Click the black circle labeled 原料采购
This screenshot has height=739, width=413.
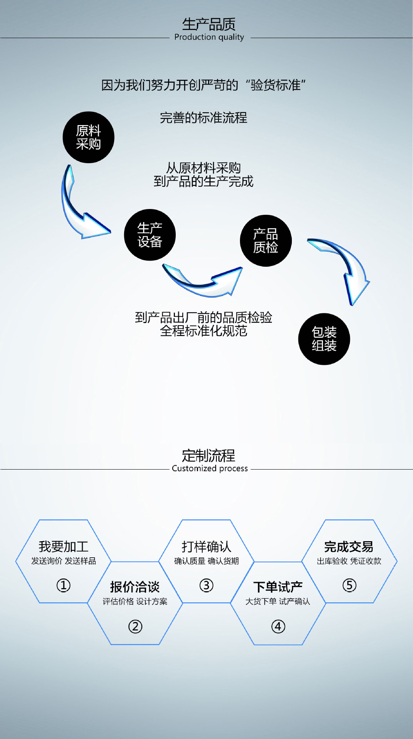point(88,137)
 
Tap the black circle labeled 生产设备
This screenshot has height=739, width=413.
point(150,235)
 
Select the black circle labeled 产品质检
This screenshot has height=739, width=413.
point(266,241)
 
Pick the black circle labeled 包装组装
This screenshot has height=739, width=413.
point(324,339)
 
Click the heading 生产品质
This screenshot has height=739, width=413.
point(208,24)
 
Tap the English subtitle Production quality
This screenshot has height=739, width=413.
point(209,37)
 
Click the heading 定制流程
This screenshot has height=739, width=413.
point(208,456)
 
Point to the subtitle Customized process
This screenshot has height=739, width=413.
point(210,468)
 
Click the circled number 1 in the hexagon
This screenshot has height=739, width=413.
point(63,585)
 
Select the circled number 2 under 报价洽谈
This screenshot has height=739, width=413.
point(135,627)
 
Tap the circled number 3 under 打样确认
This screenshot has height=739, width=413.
point(206,585)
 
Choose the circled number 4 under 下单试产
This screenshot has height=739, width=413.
point(278,627)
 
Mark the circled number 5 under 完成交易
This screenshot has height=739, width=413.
point(349,585)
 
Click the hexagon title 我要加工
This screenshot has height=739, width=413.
point(63,547)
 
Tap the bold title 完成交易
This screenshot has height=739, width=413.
point(348,547)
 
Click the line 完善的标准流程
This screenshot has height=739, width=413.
point(203,118)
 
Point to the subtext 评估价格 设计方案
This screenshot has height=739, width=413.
point(135,601)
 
